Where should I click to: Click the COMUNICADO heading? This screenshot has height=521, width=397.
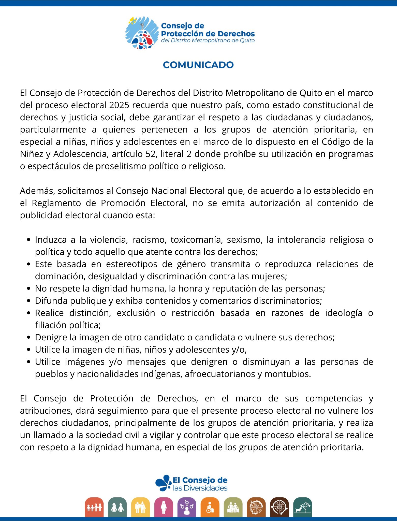198,65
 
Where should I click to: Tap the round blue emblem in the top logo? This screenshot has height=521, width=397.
142,33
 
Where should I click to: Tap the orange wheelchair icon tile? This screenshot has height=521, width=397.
210,507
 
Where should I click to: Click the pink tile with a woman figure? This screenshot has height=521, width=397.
164,507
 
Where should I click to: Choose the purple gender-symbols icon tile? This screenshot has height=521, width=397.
187,507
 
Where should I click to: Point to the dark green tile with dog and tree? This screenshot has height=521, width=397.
302,507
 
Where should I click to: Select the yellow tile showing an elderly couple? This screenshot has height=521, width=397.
141,507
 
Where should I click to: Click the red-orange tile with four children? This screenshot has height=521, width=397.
94,507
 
